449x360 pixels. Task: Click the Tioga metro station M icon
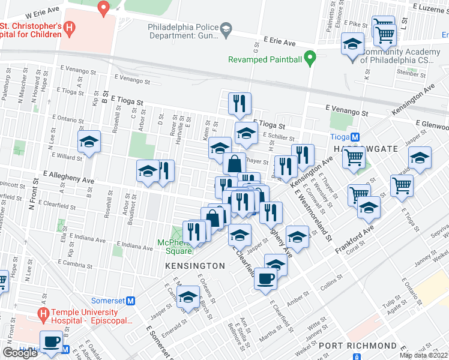coord(355,136)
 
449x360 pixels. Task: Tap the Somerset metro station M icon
coord(130,300)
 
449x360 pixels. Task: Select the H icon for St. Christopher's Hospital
coord(70,28)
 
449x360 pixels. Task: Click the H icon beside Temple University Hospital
coord(42,314)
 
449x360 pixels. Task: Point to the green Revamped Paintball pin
coord(310,59)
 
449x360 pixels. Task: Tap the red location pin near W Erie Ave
coord(103,8)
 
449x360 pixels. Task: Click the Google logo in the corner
coord(20,353)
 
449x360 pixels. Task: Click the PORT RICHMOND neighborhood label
coord(357,346)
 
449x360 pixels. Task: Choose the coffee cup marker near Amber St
coord(266,279)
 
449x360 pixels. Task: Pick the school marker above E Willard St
coord(89,142)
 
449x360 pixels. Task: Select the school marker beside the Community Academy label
coord(353,44)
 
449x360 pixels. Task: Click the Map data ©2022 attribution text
coord(424,355)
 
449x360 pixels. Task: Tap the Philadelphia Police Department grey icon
coord(226,29)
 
